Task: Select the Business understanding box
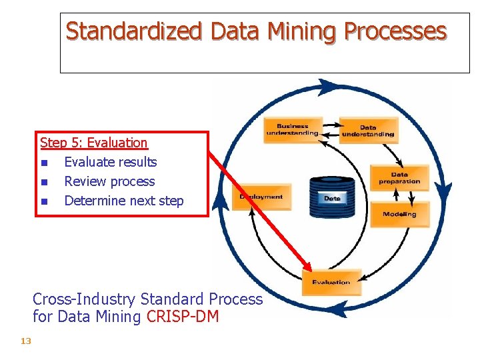click(x=292, y=129)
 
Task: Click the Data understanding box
click(x=368, y=131)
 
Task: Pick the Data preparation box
click(x=399, y=178)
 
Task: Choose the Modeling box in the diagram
click(x=399, y=214)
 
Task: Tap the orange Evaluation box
click(x=331, y=281)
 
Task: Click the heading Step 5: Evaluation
click(x=93, y=143)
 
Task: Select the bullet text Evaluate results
click(x=111, y=162)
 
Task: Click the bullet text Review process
click(x=109, y=181)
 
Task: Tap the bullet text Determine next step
click(x=123, y=201)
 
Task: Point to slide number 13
click(x=26, y=341)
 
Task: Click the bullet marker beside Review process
click(x=44, y=182)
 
